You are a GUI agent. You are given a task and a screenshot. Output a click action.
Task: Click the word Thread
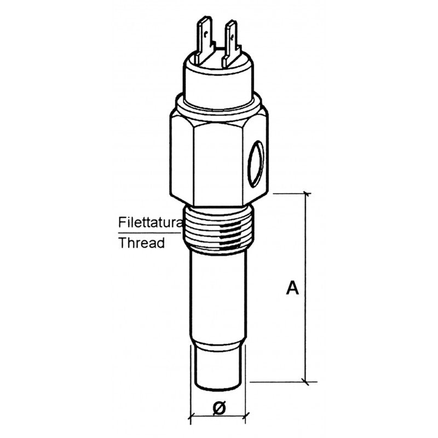click(142, 243)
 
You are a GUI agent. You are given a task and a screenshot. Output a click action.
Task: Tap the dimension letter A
click(293, 288)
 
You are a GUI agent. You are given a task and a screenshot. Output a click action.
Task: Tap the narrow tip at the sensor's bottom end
click(218, 367)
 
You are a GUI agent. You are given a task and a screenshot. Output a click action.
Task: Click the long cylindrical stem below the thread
click(218, 296)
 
